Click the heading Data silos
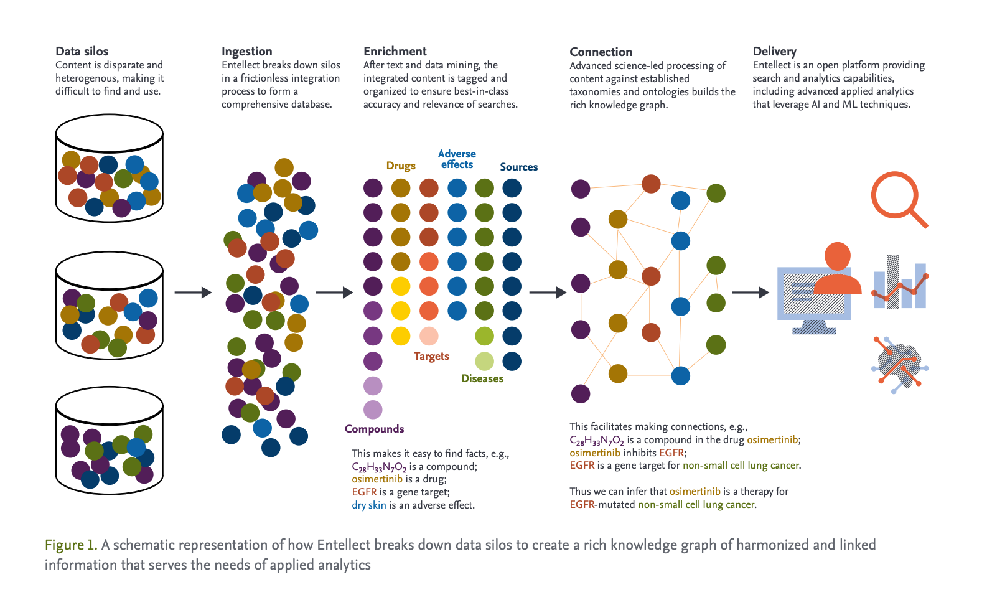82,51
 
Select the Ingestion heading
246,51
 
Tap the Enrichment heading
395,51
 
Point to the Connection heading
601,52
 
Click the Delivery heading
774,51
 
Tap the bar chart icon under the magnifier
900,283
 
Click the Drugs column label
401,166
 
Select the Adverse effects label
457,159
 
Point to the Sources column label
518,167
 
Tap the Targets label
431,356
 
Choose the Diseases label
482,378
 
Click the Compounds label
374,429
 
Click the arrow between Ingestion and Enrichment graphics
334,292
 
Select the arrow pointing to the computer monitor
750,292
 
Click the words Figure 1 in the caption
70,545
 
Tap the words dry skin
368,505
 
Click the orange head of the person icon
837,256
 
